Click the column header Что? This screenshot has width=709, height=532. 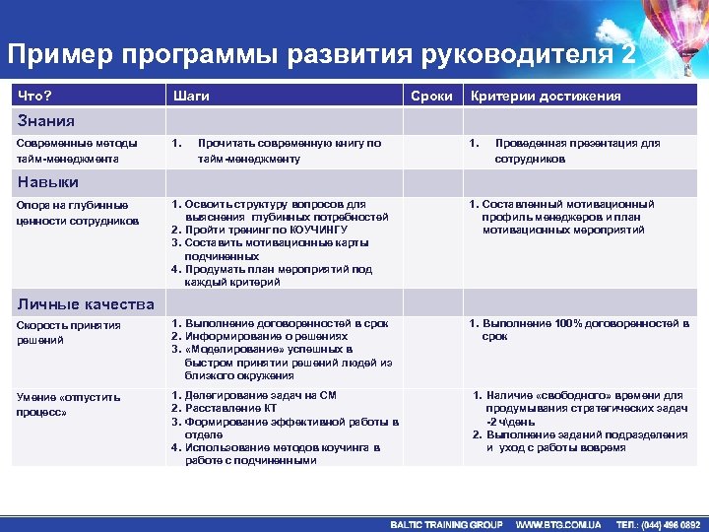coord(35,96)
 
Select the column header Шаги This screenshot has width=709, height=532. coord(190,96)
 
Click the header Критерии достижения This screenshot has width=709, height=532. coord(546,96)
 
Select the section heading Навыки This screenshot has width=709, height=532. coord(45,182)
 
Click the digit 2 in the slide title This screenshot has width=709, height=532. coord(628,54)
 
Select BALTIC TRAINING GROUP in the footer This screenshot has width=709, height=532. coord(446,524)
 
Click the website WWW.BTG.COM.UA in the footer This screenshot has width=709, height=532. coord(558,524)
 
